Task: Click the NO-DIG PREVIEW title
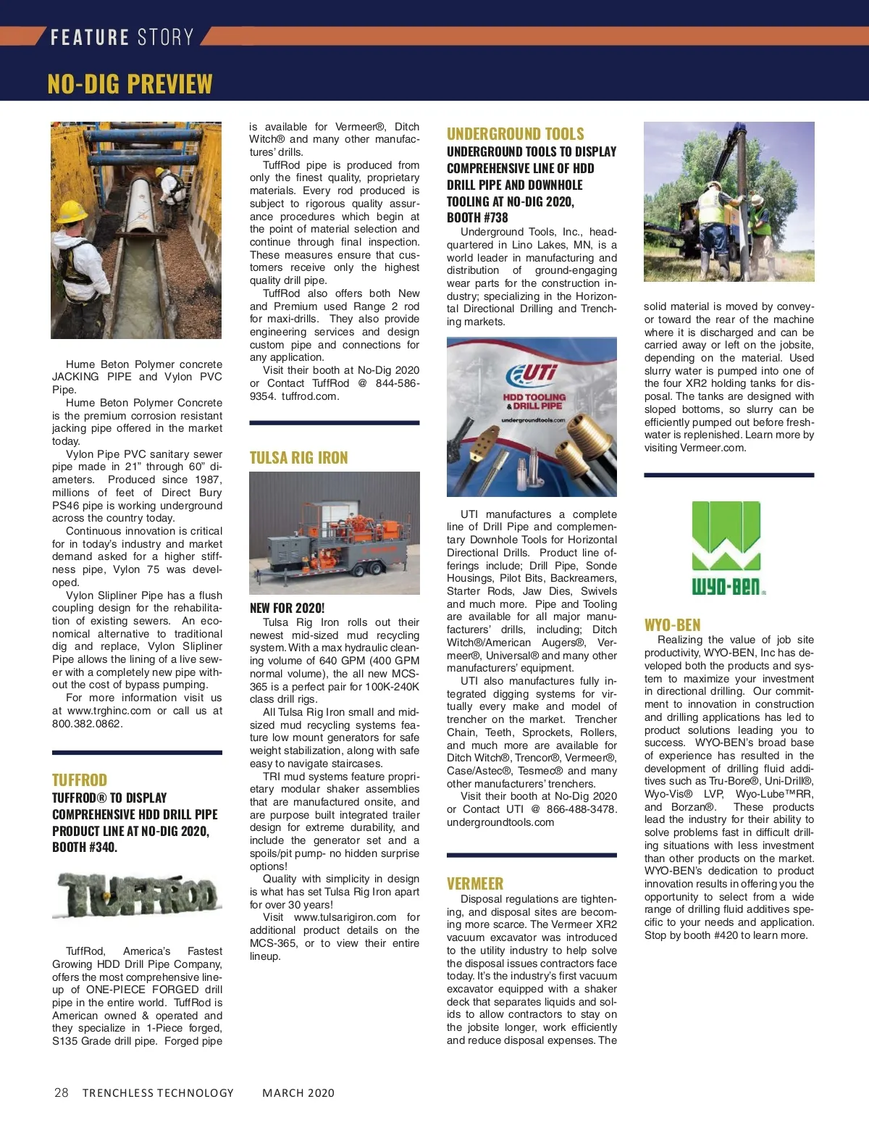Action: pyautogui.click(x=130, y=84)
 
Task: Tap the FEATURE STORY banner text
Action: pyautogui.click(x=122, y=37)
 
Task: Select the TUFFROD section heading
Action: pyautogui.click(x=80, y=780)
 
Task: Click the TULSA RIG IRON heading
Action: pyautogui.click(x=298, y=457)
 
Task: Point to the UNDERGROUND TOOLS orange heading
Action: pyautogui.click(x=515, y=133)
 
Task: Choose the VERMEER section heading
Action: pyautogui.click(x=475, y=883)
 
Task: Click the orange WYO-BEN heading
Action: pyautogui.click(x=672, y=624)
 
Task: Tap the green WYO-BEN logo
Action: pyautogui.click(x=727, y=547)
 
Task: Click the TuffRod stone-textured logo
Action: pyautogui.click(x=137, y=895)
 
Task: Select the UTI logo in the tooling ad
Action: pyautogui.click(x=533, y=374)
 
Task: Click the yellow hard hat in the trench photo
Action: pyautogui.click(x=72, y=211)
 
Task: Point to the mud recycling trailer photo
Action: pyautogui.click(x=334, y=532)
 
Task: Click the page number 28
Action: pyautogui.click(x=62, y=1092)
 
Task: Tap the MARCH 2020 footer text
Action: pyautogui.click(x=298, y=1092)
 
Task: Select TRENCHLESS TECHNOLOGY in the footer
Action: pyautogui.click(x=158, y=1092)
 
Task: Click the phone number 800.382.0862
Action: pyautogui.click(x=88, y=723)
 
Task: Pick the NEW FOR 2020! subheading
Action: pyautogui.click(x=287, y=608)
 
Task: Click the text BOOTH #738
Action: pyautogui.click(x=477, y=217)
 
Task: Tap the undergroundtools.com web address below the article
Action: pyautogui.click(x=500, y=822)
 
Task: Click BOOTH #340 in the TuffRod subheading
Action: pyautogui.click(x=85, y=847)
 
